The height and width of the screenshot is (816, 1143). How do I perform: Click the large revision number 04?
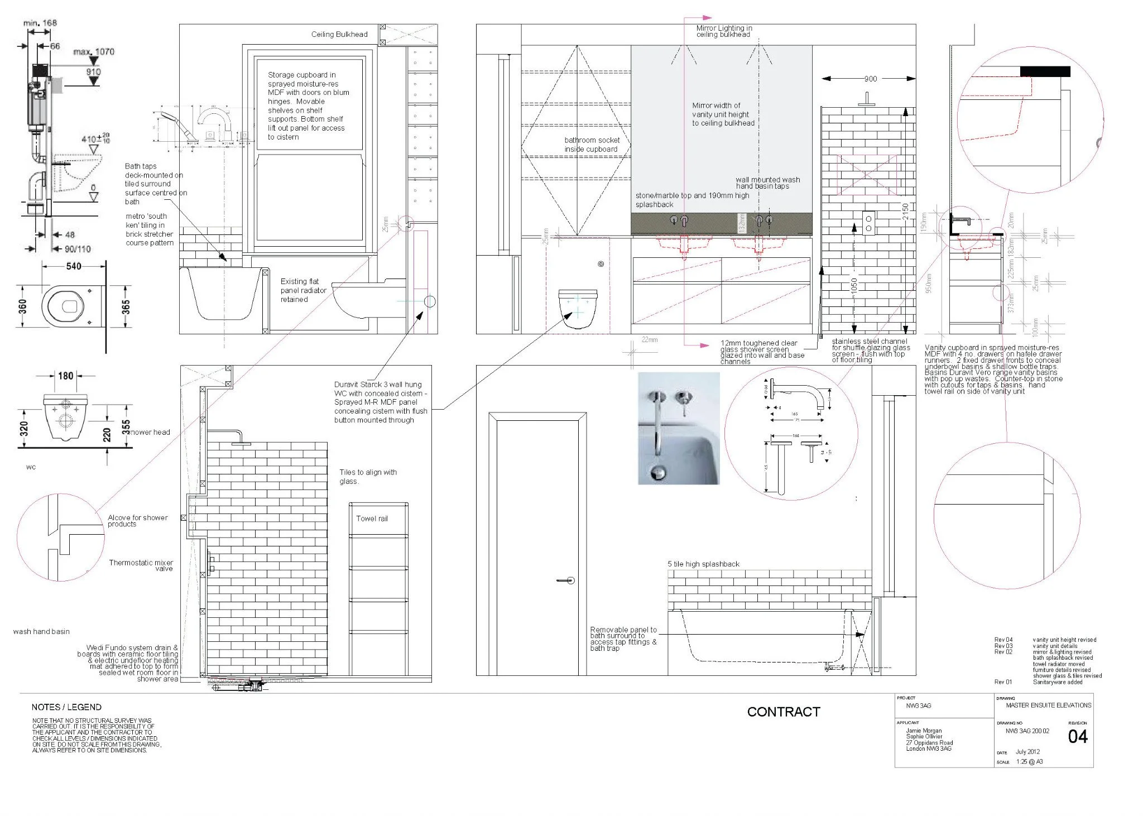(1077, 737)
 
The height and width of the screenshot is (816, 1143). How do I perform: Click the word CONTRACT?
(783, 712)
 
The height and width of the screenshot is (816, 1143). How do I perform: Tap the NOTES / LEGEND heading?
(66, 707)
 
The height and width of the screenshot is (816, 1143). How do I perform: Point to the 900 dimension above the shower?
(870, 79)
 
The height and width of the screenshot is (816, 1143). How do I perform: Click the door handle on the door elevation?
(566, 580)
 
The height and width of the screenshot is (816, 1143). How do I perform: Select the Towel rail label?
(372, 519)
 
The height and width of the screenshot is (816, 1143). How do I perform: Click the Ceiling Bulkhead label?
(339, 34)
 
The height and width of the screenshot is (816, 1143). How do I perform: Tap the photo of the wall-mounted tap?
(679, 428)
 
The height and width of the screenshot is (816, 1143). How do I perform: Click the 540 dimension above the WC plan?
(74, 266)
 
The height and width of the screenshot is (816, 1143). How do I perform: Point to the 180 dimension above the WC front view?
(66, 376)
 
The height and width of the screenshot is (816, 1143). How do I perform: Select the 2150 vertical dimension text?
(906, 211)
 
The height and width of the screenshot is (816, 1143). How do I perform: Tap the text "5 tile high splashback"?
(703, 564)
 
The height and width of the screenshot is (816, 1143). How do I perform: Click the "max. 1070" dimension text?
(94, 52)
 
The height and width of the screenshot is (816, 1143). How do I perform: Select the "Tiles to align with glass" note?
(368, 476)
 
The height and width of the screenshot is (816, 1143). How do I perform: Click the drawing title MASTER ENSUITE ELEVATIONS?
(1048, 705)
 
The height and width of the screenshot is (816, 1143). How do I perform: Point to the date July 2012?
(1027, 752)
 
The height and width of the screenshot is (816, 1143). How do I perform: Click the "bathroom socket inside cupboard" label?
(592, 145)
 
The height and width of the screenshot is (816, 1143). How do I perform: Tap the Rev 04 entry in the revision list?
(1003, 640)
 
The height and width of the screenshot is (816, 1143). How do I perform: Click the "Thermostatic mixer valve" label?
(141, 565)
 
